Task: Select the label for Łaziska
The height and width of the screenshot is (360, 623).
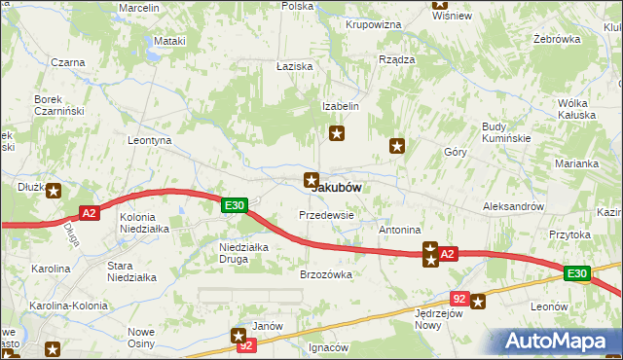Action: (293, 65)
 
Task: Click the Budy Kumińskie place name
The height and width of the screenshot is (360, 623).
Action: (506, 132)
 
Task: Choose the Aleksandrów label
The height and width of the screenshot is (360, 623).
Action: (513, 207)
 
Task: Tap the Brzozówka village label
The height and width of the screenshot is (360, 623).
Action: (325, 274)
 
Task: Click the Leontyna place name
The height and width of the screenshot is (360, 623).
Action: (150, 140)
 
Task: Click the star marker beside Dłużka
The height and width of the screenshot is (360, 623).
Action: (54, 192)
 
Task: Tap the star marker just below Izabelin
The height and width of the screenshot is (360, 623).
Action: (337, 133)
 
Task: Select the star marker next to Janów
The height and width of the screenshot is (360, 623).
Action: (239, 336)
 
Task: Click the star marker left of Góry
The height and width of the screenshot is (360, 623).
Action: (397, 146)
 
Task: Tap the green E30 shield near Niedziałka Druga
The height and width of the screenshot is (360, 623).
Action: (234, 205)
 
